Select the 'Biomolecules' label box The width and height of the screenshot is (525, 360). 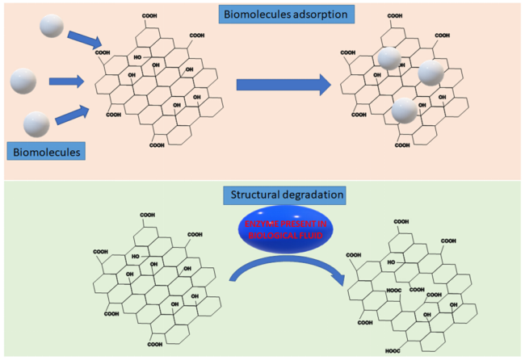[x=46, y=150]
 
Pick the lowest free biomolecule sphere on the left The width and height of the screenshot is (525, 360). [x=37, y=123]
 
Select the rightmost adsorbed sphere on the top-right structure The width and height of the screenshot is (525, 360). [x=431, y=73]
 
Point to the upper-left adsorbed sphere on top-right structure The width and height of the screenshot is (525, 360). [x=388, y=57]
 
